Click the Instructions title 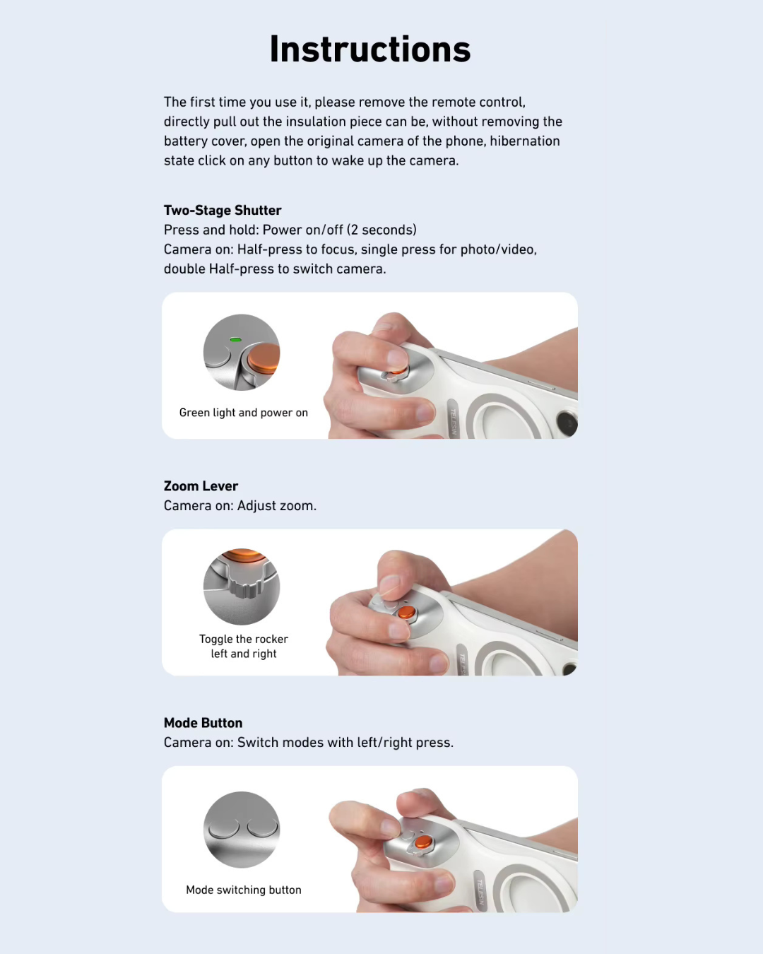369,49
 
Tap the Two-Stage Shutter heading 223,210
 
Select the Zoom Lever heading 201,486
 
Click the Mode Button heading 203,723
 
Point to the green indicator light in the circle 236,340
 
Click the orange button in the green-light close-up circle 264,357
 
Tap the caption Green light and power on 243,413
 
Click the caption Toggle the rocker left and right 243,646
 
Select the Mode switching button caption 243,890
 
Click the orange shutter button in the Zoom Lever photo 406,611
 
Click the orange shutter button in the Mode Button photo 422,841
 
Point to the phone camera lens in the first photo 567,424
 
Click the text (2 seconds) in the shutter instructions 381,230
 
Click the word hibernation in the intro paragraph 524,141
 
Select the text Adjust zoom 277,505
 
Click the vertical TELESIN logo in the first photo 454,420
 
